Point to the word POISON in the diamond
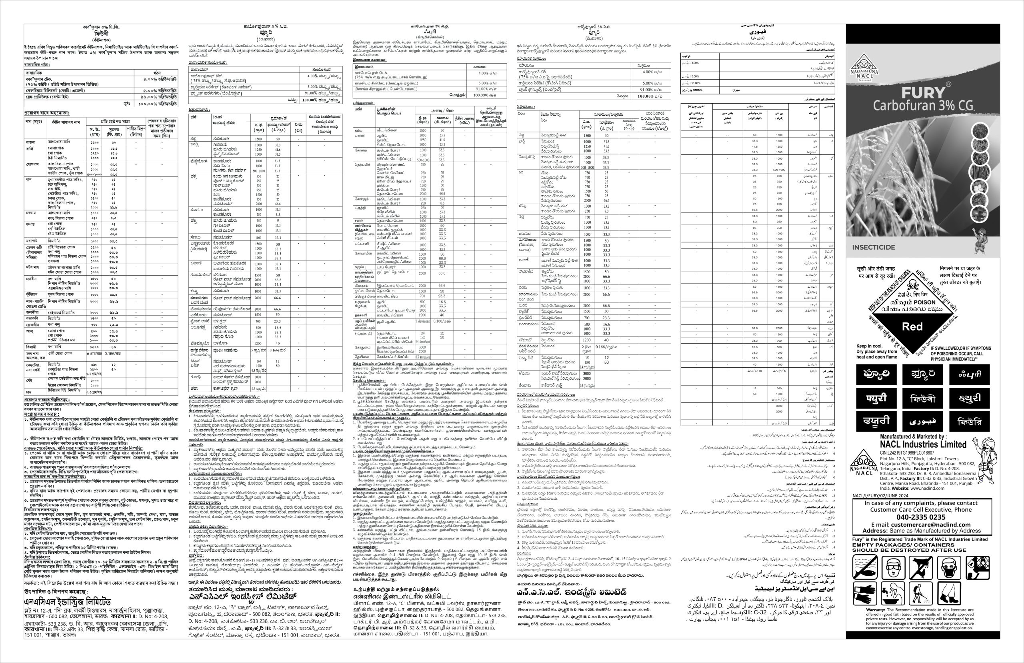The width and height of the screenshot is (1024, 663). tap(925, 302)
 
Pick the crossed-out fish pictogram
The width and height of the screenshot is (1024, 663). tap(865, 567)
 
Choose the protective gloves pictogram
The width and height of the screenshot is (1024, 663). tap(865, 593)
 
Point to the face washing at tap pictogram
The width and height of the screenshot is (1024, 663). tap(894, 593)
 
